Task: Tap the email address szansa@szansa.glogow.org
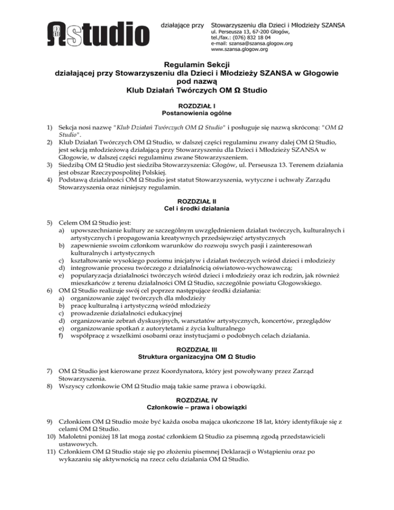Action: (259, 44)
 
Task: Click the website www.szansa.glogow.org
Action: (240, 50)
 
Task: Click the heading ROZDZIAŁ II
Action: (196, 202)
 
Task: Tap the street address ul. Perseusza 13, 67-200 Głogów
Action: (250, 31)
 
